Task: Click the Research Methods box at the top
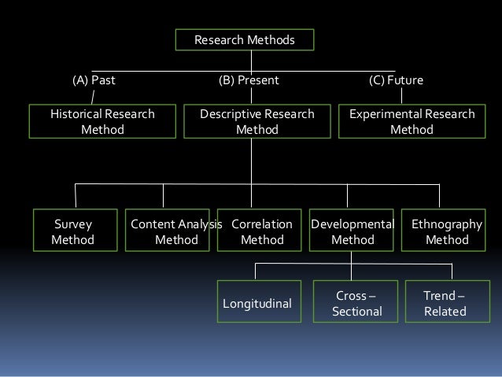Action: click(x=245, y=39)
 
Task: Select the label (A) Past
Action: click(x=94, y=80)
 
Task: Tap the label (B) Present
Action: click(x=248, y=80)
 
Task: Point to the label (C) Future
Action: click(x=396, y=80)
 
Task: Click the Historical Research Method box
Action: click(x=102, y=122)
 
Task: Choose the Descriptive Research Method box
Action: click(x=257, y=122)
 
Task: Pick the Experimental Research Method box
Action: click(x=412, y=122)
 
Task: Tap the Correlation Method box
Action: click(x=261, y=231)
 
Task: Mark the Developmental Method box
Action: click(x=353, y=231)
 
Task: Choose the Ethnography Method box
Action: click(x=446, y=231)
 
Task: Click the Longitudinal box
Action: click(x=257, y=303)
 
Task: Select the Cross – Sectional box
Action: click(x=356, y=303)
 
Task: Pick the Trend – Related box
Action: click(x=445, y=303)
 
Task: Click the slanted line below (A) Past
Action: click(x=93, y=97)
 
